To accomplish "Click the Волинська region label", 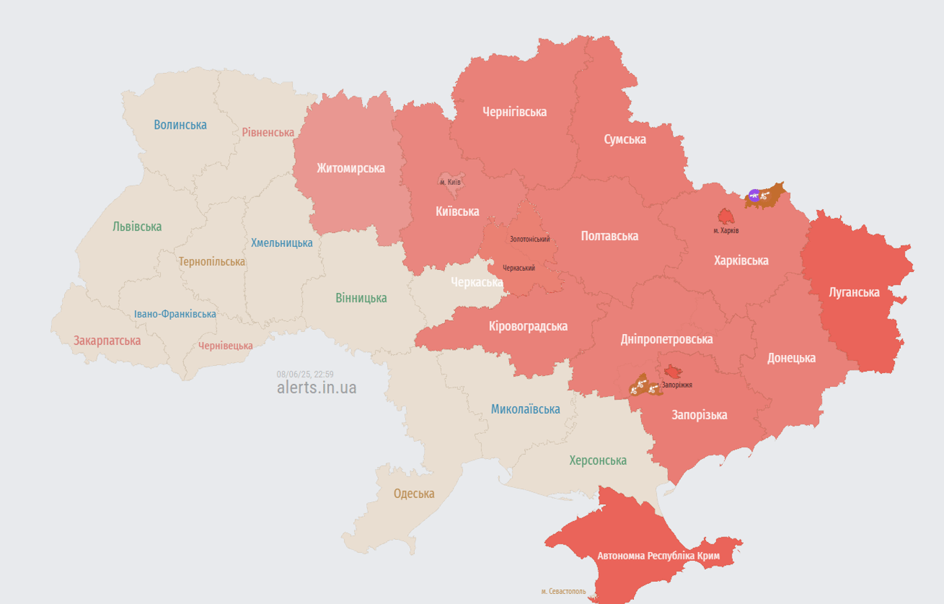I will coord(180,125).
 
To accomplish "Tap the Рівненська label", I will coord(268,132).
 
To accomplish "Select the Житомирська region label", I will coord(351,168).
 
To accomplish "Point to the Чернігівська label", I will coord(514,112).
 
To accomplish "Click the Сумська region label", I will coord(624,140).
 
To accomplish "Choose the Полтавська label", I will coord(610,236).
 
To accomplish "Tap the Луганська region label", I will coord(854,292).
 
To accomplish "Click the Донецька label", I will coord(791,358).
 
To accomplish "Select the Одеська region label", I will coord(414,494).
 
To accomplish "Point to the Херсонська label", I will coord(597,461).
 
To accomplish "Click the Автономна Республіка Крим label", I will coord(658,556).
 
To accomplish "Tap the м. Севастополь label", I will coord(563,592).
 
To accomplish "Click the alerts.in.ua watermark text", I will coord(316,388).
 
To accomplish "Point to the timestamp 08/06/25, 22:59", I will coord(305,375).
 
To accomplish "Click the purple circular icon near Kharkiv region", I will coord(754,196).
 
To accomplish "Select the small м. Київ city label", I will coord(450,182).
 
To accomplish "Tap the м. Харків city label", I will coord(726,231).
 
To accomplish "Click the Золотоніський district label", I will coord(529,240).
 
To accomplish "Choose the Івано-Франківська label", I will coord(175,314).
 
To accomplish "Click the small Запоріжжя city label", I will coord(676,385).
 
